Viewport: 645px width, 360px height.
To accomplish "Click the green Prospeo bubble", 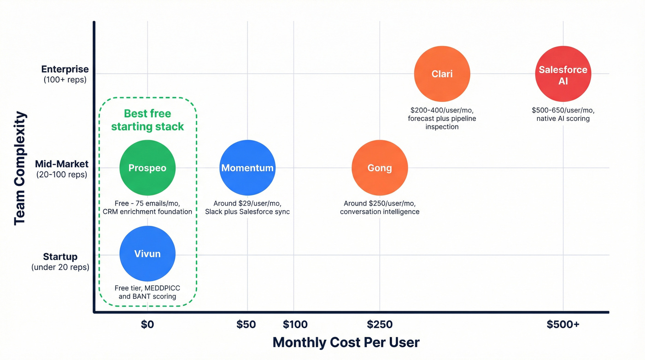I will (x=147, y=168).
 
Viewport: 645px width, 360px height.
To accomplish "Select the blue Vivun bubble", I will (x=147, y=254).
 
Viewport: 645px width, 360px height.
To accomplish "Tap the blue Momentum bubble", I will (x=247, y=168).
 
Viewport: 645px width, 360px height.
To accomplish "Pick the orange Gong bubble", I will (x=380, y=168).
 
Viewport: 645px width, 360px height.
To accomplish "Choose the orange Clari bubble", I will (x=442, y=74).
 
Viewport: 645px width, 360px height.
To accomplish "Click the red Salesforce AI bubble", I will (x=563, y=74).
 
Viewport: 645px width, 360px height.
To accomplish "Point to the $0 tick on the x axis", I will (x=147, y=325).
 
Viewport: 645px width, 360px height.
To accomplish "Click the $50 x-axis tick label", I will (x=246, y=325).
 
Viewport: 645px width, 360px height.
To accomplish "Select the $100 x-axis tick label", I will (x=295, y=325).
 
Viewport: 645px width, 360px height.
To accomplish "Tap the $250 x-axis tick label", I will (x=380, y=325).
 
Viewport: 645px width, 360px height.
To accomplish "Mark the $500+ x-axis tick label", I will (x=563, y=325).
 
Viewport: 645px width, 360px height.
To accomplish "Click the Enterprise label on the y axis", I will (x=65, y=70).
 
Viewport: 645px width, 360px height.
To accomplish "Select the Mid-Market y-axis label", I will (x=62, y=165).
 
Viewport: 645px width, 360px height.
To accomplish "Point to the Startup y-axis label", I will (x=60, y=257).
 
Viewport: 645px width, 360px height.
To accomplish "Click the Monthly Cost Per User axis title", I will (x=346, y=342).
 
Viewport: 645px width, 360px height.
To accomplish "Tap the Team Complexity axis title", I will (x=19, y=168).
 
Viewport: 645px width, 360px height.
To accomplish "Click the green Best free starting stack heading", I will (x=147, y=120).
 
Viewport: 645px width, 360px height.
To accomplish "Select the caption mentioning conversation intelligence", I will (x=380, y=207).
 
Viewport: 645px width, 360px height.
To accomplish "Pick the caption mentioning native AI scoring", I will (x=563, y=114).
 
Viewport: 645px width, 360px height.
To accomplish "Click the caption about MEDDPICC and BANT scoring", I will (x=147, y=292).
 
